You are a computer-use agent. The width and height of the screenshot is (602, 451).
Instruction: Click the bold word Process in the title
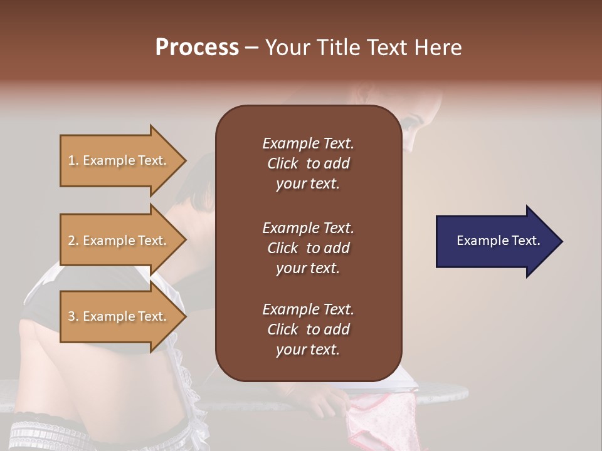coord(197,48)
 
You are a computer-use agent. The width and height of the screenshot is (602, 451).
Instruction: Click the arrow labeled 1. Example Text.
coord(119,160)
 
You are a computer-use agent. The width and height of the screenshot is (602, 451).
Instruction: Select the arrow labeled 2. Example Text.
coord(119,241)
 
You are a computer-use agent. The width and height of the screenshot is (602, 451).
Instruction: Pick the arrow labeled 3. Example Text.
coord(119,316)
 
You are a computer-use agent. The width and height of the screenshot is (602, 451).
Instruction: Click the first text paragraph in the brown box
coord(308,163)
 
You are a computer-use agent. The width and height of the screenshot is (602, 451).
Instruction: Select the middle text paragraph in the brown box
coord(308,248)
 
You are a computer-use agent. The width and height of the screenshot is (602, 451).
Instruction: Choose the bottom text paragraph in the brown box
coord(308,329)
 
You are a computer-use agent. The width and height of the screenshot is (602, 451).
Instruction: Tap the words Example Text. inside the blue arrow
coord(498,241)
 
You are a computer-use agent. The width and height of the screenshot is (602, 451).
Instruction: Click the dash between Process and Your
coord(251,48)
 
